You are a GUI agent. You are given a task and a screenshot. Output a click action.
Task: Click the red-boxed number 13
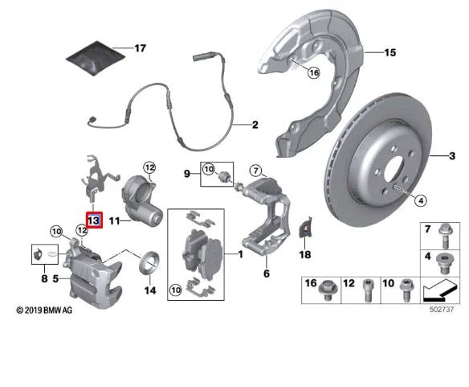pos(93,220)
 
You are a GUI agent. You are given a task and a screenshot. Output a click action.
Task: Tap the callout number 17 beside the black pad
pos(140,49)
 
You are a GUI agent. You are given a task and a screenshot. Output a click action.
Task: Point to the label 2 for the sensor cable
pos(255,126)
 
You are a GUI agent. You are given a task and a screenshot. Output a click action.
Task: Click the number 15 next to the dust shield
pos(390,54)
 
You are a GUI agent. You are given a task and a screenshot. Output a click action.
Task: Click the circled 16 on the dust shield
pos(313,72)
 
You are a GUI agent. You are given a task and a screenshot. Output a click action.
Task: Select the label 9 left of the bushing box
pos(186,173)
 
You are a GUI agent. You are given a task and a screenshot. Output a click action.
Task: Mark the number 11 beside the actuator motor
pos(114,219)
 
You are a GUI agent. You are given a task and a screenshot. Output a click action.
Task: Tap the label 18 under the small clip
pos(304,254)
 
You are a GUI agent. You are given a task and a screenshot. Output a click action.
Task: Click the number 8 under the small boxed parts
pos(43,279)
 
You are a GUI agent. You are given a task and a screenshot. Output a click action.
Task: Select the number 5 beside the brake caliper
pos(55,279)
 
